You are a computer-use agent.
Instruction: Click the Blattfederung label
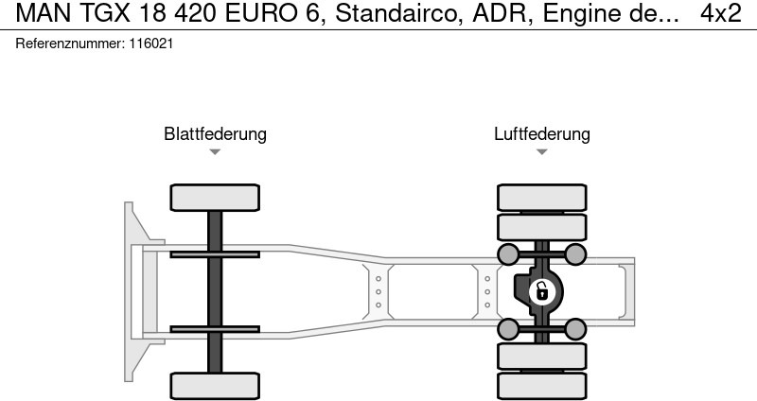click(215, 134)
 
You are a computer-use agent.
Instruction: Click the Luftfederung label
click(541, 134)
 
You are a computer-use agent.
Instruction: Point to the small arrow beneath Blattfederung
click(215, 152)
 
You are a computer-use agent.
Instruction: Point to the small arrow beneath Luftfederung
click(541, 152)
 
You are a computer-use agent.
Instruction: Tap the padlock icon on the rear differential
click(541, 291)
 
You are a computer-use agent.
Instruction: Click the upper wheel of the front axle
click(215, 198)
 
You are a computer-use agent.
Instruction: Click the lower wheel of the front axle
click(215, 385)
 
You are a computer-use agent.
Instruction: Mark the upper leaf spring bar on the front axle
click(215, 254)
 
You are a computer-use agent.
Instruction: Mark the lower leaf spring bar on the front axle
click(215, 329)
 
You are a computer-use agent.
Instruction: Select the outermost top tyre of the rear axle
click(541, 197)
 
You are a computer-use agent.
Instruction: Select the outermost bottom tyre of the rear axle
click(541, 386)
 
